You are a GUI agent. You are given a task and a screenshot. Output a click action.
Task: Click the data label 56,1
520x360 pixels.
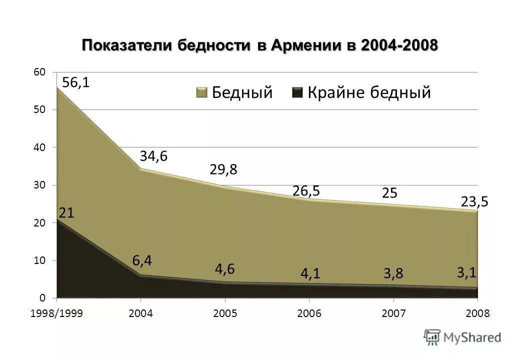click(x=76, y=82)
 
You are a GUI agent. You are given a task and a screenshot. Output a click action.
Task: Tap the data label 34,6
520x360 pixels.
click(x=153, y=156)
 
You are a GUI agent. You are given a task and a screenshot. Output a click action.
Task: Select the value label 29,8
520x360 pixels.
click(x=223, y=170)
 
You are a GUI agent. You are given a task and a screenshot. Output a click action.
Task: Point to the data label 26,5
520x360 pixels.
click(x=306, y=191)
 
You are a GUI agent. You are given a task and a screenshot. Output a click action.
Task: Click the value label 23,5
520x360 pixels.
click(x=474, y=201)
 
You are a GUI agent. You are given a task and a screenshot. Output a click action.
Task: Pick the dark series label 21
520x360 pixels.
click(x=67, y=213)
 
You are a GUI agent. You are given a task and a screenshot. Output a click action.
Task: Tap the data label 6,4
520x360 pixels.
click(x=142, y=260)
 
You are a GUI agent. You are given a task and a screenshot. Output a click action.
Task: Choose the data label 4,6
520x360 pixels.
click(x=225, y=268)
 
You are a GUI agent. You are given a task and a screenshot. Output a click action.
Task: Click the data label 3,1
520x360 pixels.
click(x=466, y=272)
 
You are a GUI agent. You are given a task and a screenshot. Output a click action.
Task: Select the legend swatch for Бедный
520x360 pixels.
click(x=201, y=92)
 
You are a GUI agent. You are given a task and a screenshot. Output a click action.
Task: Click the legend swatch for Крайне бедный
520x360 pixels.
click(x=297, y=92)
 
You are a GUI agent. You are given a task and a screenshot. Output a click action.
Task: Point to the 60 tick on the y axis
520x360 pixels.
click(x=39, y=72)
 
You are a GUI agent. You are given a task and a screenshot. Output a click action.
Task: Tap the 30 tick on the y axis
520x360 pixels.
click(x=39, y=185)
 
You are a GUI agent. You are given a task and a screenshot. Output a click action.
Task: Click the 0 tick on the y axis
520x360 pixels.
click(x=42, y=298)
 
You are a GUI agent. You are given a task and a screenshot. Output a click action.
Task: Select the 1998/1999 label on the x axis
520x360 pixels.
click(x=56, y=313)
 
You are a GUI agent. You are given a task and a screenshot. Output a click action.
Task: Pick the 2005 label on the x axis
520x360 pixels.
click(x=225, y=313)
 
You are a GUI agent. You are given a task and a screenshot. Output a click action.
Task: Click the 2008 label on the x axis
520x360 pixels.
click(x=477, y=313)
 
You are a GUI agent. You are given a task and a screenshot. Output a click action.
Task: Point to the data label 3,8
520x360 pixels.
click(x=393, y=274)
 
